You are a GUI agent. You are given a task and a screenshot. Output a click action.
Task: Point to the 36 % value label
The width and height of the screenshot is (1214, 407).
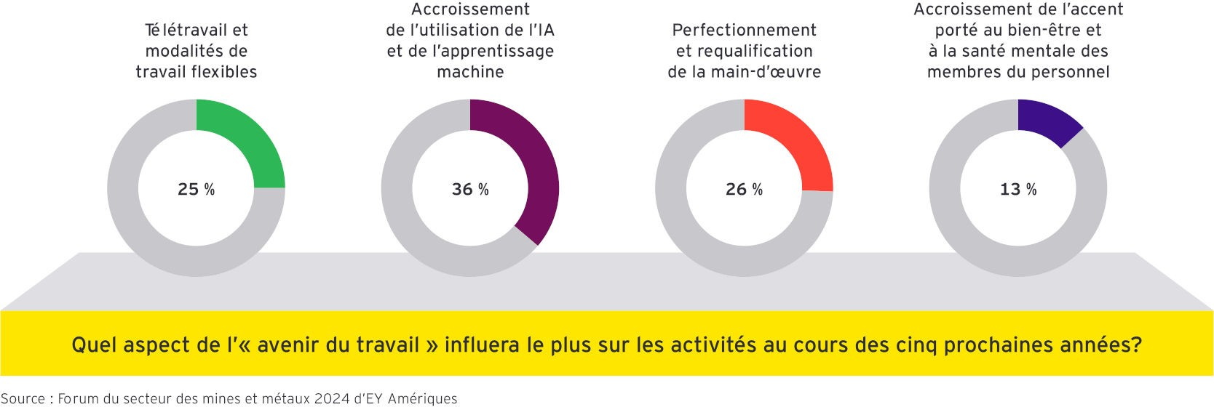(470, 190)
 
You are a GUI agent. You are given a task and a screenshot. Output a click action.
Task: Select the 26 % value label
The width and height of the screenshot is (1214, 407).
(744, 190)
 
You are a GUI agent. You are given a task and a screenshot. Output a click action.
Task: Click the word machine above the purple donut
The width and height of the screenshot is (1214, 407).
(470, 72)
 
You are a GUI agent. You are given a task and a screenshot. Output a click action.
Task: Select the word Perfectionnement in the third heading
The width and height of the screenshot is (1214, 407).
(744, 31)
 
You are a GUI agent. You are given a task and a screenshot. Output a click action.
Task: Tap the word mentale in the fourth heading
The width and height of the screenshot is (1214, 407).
(1037, 52)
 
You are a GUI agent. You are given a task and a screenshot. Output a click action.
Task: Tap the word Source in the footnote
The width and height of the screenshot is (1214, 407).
(23, 399)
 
